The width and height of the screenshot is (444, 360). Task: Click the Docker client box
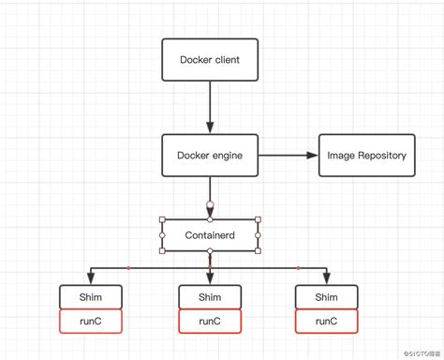[x=210, y=61]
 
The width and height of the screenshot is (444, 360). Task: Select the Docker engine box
[x=210, y=155]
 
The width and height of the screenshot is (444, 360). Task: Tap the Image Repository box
[x=366, y=155]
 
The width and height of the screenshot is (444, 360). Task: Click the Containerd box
[x=210, y=235]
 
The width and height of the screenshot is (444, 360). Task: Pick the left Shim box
[x=90, y=296]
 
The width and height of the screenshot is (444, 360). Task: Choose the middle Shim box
[x=210, y=296]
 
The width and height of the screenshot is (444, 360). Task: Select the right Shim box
[x=327, y=296]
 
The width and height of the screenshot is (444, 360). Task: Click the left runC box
[x=90, y=321]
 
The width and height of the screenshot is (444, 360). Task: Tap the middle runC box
[x=210, y=321]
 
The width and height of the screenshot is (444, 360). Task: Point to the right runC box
[x=327, y=321]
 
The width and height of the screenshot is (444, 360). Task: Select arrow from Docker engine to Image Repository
[x=286, y=155]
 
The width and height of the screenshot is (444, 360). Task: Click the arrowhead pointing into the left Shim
[x=90, y=278]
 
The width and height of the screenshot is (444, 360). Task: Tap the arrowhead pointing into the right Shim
[x=327, y=278]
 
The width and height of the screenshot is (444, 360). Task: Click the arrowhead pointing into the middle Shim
[x=210, y=278]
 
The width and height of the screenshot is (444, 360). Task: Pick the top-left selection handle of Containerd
[x=163, y=220]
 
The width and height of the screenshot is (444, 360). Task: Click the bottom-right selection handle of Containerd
[x=258, y=250]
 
